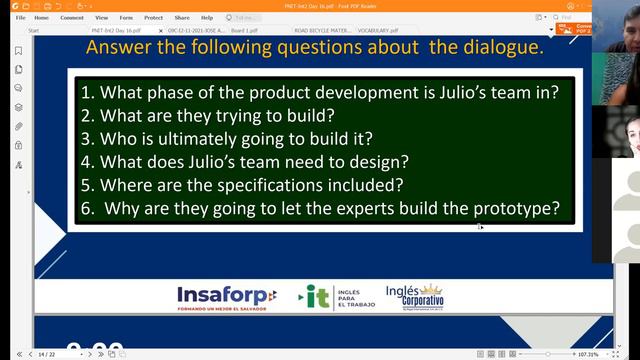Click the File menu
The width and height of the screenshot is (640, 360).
(20, 17)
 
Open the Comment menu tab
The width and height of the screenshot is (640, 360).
(72, 17)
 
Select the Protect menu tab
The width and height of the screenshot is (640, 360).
(153, 17)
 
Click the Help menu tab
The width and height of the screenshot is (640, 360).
(206, 17)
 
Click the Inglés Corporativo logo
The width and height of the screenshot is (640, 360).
(414, 296)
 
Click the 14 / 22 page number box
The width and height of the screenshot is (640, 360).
(48, 354)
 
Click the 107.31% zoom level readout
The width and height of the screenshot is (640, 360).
(587, 354)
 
